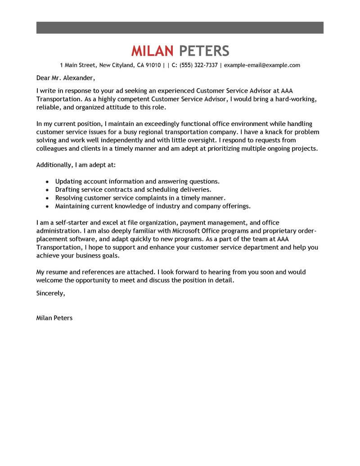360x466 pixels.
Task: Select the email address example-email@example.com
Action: coord(262,65)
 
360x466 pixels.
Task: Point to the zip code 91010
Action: coord(152,65)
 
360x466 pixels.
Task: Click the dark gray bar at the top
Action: coord(180,27)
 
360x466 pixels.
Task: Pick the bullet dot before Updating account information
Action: coord(48,181)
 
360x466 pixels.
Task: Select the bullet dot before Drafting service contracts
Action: coord(48,190)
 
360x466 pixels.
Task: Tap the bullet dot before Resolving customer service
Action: coord(48,198)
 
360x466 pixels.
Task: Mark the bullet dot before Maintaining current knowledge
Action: coord(48,206)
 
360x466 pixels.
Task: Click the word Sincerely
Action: coord(50,293)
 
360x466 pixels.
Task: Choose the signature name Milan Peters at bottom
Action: coord(54,317)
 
